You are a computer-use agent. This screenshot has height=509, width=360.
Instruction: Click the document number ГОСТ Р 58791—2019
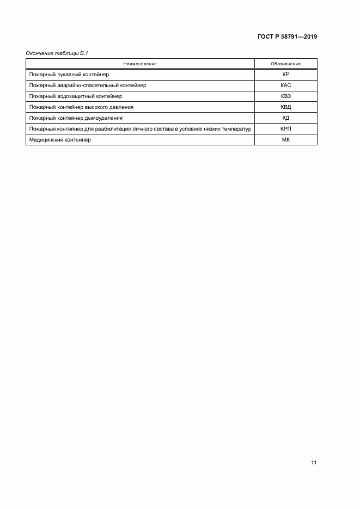point(287,37)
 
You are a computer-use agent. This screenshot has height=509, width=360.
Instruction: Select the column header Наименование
point(140,64)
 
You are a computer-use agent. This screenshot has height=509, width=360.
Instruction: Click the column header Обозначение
point(285,64)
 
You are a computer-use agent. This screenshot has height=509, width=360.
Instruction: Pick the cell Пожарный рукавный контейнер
point(70,74)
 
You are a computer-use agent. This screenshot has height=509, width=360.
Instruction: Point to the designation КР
point(285,74)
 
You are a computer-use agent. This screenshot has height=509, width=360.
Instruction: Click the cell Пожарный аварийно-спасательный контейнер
point(88,85)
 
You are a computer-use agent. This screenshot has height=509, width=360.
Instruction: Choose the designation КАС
point(285,85)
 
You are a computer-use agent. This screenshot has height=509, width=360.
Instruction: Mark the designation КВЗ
point(285,96)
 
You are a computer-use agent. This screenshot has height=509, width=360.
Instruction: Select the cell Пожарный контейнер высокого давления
point(82,107)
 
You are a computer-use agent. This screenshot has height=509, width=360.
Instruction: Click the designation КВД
point(285,107)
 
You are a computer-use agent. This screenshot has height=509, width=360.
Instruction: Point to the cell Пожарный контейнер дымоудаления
point(76,118)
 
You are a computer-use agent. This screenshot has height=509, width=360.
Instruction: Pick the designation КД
point(285,118)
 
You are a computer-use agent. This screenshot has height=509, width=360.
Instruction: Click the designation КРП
point(285,129)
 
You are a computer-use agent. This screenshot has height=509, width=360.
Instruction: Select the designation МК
point(285,140)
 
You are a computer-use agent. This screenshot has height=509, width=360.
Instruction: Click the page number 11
point(314,462)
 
